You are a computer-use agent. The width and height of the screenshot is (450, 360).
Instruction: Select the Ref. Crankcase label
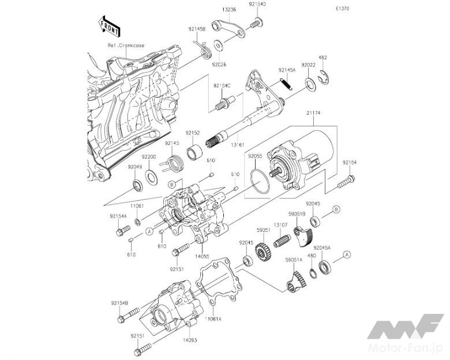[x=126, y=45]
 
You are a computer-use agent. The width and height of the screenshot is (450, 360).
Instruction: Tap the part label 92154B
[x=119, y=302]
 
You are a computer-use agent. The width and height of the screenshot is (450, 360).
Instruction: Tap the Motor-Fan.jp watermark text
[x=416, y=350]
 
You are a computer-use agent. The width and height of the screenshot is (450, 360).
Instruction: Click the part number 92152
[x=192, y=133]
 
